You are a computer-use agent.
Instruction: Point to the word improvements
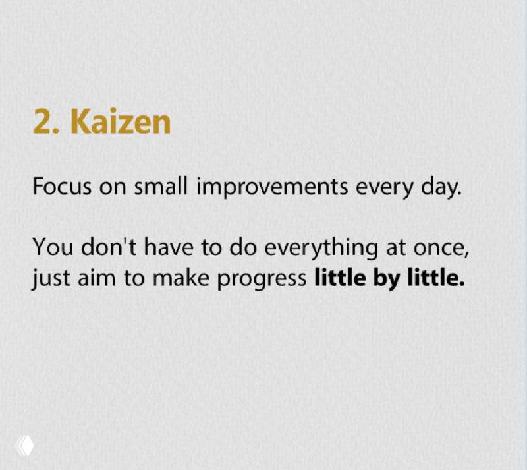271,189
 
